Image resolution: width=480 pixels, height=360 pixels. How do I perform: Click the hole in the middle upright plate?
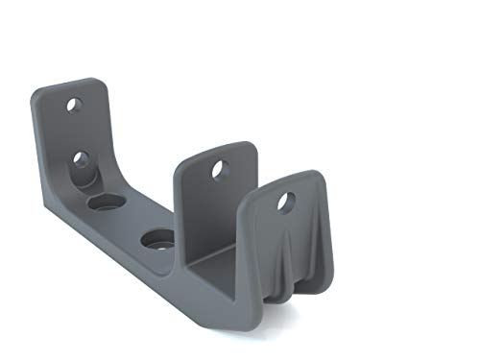(220, 169)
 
